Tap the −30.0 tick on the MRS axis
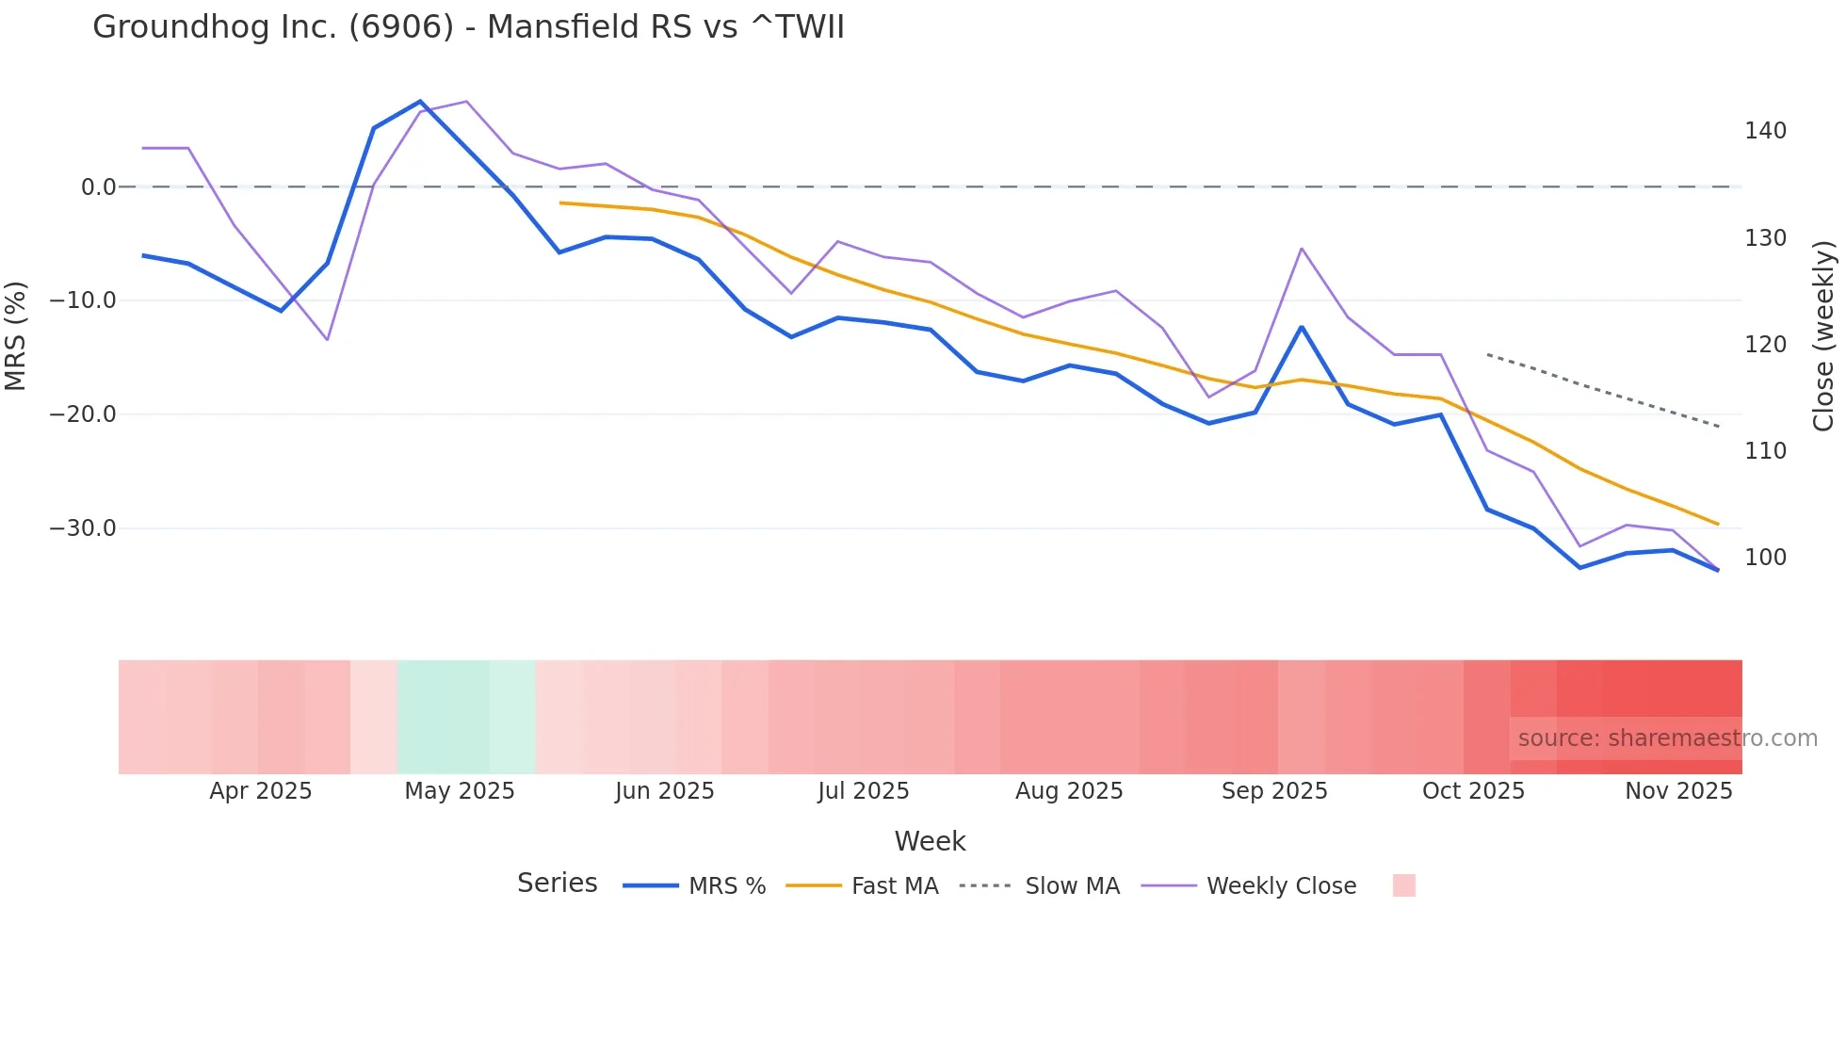[x=83, y=528]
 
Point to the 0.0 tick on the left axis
[x=98, y=187]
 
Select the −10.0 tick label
[x=83, y=300]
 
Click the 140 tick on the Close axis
[x=1765, y=131]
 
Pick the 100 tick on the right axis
[x=1765, y=558]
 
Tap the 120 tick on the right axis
[x=1765, y=345]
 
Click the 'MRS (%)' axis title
[x=16, y=335]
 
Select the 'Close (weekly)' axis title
[x=1823, y=335]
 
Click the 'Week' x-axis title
[x=930, y=841]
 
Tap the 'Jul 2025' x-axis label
[x=863, y=791]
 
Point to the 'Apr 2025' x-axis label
[x=260, y=791]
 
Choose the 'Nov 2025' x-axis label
[x=1678, y=791]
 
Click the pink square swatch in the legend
[x=1403, y=885]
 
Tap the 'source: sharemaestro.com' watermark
[x=1667, y=738]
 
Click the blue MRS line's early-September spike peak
[x=1302, y=327]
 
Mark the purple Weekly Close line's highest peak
[x=466, y=101]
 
